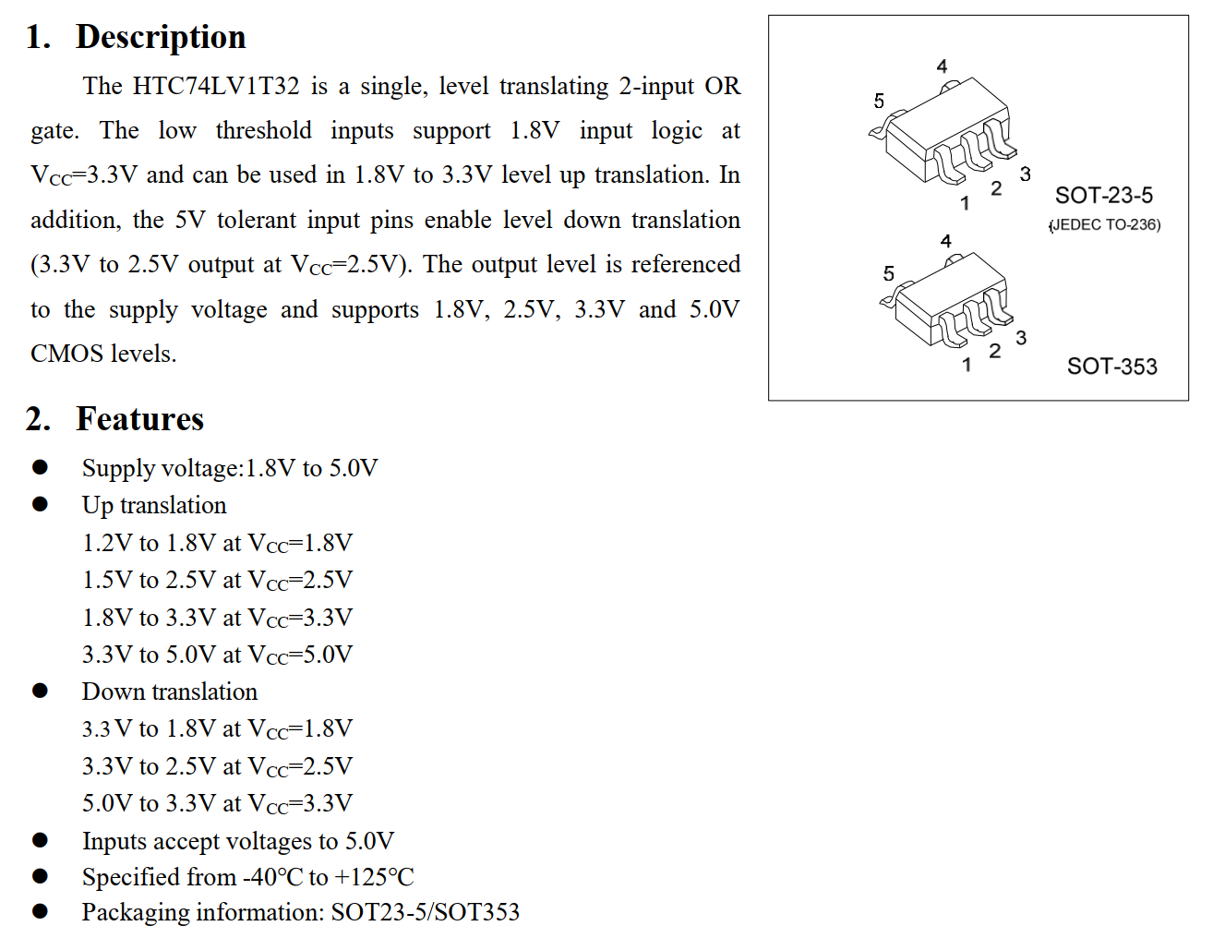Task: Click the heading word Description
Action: tap(161, 37)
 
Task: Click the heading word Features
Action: tap(139, 419)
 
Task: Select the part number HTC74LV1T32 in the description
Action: tap(216, 86)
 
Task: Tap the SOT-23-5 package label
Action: tap(1103, 196)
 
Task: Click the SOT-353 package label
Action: tap(1111, 367)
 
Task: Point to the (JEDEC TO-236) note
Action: tap(1105, 224)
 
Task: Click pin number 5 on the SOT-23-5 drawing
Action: tap(879, 101)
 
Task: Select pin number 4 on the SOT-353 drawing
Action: tap(945, 241)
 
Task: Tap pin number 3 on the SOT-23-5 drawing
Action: tap(1025, 174)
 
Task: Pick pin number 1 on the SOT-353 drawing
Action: tap(966, 365)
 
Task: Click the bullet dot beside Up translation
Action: tap(40, 504)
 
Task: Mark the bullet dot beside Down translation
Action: tap(40, 691)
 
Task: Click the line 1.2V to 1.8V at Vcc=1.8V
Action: tap(217, 543)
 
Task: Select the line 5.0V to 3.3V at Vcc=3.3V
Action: tap(217, 803)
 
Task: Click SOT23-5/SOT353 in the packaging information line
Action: tap(426, 912)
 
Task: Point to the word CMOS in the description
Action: tap(66, 354)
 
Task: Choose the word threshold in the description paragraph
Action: tap(263, 130)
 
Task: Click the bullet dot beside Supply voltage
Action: tap(40, 467)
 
